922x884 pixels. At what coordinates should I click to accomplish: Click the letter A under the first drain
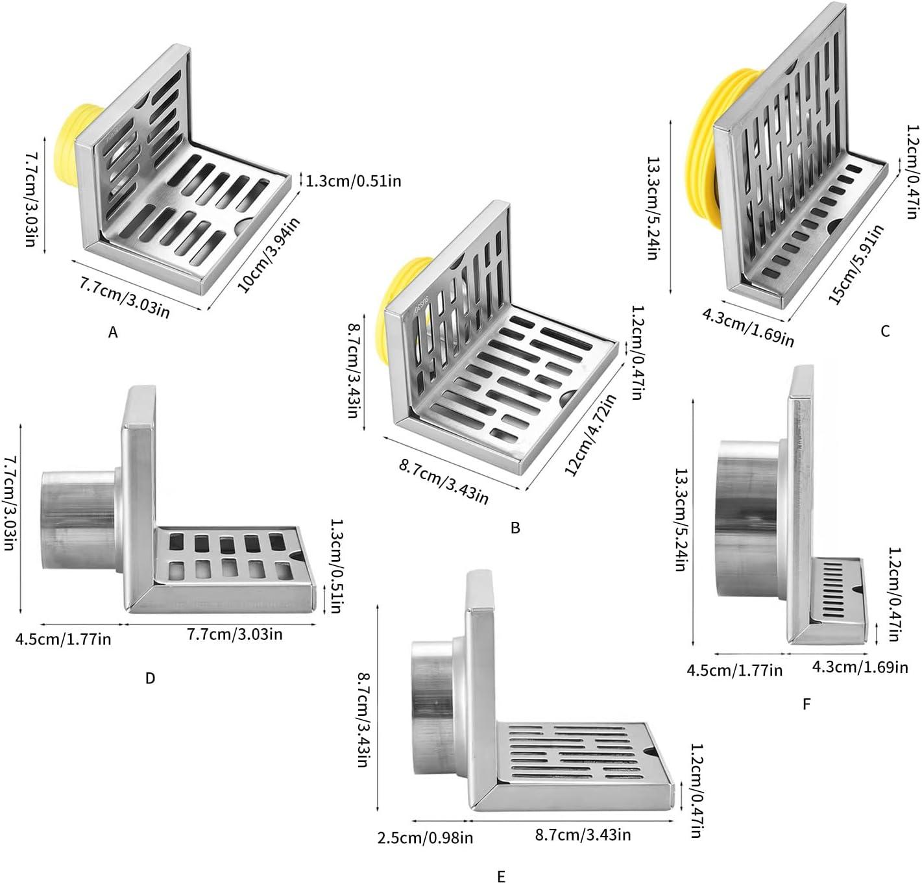113,333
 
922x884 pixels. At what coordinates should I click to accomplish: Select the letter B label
515,527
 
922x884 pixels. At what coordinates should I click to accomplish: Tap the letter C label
885,331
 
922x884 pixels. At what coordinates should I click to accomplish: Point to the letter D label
150,678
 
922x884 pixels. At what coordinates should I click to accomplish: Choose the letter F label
807,704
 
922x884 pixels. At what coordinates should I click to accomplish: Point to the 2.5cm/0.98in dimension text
425,837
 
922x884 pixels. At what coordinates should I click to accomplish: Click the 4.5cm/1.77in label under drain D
64,639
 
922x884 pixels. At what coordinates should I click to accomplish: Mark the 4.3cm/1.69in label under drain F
860,667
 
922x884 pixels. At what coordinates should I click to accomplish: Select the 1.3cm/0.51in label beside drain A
354,180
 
